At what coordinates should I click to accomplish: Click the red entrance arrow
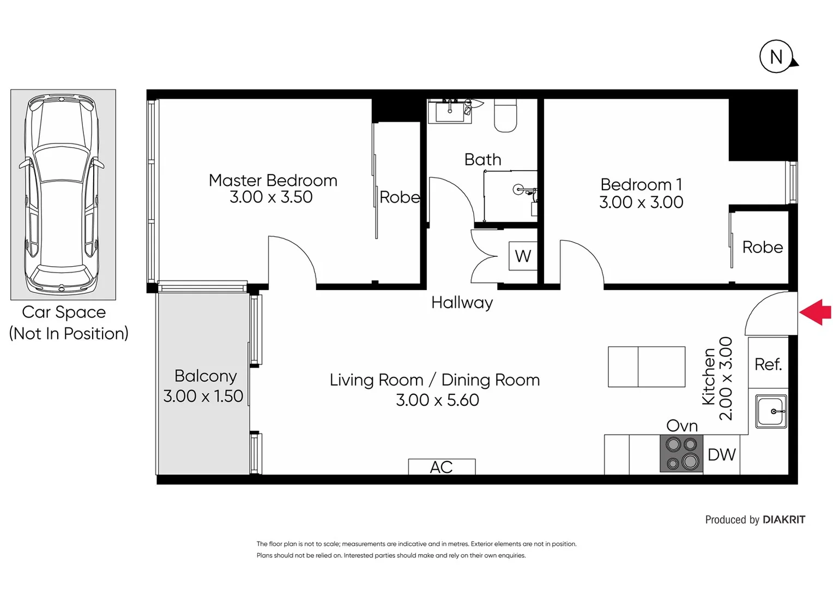pyautogui.click(x=816, y=312)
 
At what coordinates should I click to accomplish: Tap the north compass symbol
pyautogui.click(x=776, y=57)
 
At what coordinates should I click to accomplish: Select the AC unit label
pyautogui.click(x=442, y=467)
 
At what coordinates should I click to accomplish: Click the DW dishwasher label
pyautogui.click(x=721, y=454)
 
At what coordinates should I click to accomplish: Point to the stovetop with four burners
pyautogui.click(x=681, y=453)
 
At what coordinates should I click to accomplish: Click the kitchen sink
pyautogui.click(x=771, y=411)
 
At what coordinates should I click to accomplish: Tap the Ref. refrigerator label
pyautogui.click(x=768, y=364)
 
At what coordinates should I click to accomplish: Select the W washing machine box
pyautogui.click(x=523, y=256)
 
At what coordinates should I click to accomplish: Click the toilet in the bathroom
pyautogui.click(x=505, y=116)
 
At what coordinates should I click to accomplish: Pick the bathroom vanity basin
pyautogui.click(x=450, y=112)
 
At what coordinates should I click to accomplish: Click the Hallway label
pyautogui.click(x=462, y=302)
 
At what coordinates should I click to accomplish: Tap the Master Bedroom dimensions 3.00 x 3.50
pyautogui.click(x=271, y=197)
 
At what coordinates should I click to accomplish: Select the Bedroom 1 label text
pyautogui.click(x=641, y=184)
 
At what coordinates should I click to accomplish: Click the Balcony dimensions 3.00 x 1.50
pyautogui.click(x=203, y=396)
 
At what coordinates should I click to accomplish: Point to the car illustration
pyautogui.click(x=62, y=194)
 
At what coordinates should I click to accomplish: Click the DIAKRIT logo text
pyautogui.click(x=783, y=520)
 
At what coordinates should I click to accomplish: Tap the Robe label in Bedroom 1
pyautogui.click(x=762, y=247)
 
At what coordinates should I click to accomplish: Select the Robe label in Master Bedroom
pyautogui.click(x=399, y=197)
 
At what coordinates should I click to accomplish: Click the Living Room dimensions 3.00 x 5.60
pyautogui.click(x=437, y=400)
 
